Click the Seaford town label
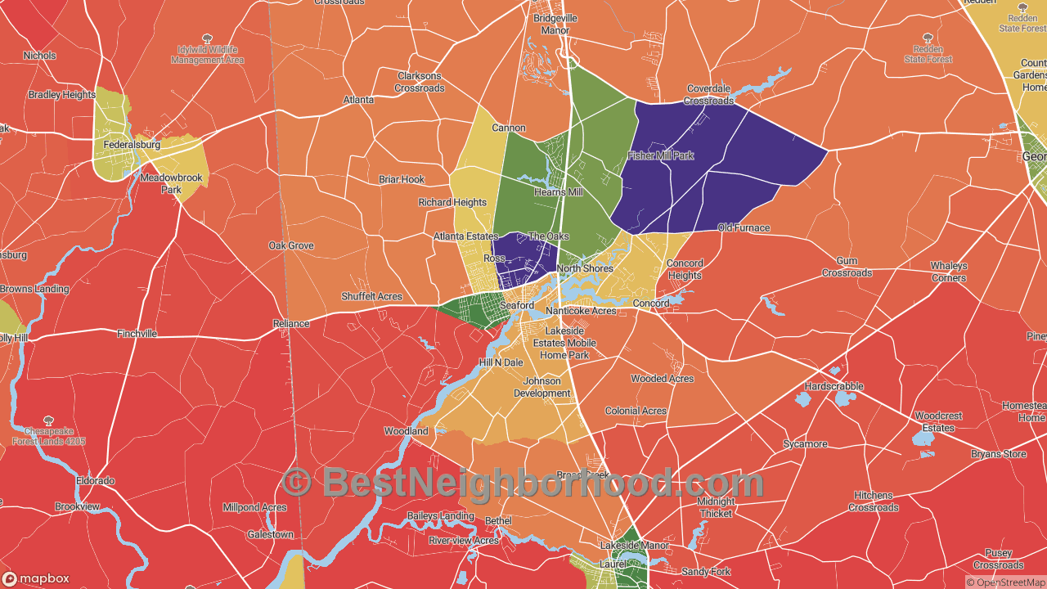click(517, 305)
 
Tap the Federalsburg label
click(130, 146)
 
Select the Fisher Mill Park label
click(660, 155)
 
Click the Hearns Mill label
click(559, 192)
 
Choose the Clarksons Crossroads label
click(420, 83)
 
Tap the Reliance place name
click(291, 324)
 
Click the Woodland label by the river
click(407, 431)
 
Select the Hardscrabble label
click(834, 386)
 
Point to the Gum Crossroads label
click(847, 267)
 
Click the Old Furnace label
click(744, 228)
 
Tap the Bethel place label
click(498, 521)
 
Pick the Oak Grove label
click(291, 245)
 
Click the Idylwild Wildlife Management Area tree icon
click(207, 38)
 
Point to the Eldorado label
click(95, 481)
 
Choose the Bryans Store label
click(998, 454)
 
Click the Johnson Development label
click(541, 387)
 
